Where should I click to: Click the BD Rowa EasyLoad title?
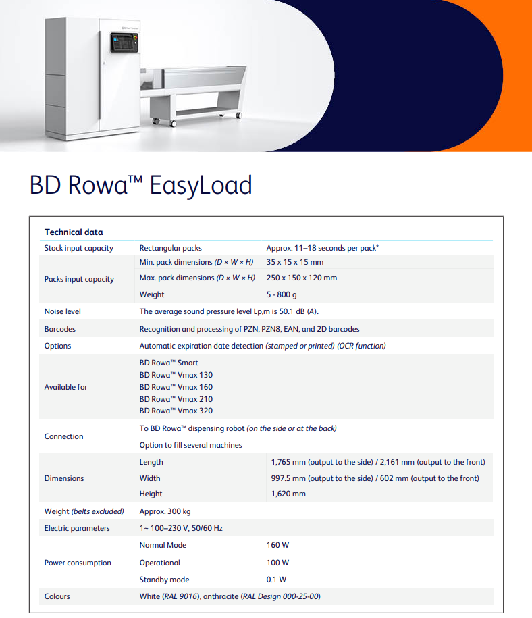point(140,184)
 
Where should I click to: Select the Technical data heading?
point(74,232)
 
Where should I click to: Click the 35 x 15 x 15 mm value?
point(295,262)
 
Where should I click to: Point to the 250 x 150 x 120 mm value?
point(301,278)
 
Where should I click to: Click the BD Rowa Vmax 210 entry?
point(176,398)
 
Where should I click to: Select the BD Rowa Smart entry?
point(169,363)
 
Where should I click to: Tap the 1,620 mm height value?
point(288,494)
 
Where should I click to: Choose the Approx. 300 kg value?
point(165,511)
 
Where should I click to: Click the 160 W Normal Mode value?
point(277,545)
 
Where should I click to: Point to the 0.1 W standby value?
point(276,580)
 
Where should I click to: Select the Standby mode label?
point(164,580)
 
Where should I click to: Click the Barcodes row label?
point(60,329)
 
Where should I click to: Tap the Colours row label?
point(57,596)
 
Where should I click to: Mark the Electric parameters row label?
point(77,528)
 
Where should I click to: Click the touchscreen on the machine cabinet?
point(124,42)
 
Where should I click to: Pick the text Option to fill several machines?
point(190,445)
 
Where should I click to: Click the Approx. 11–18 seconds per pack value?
point(322,248)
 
